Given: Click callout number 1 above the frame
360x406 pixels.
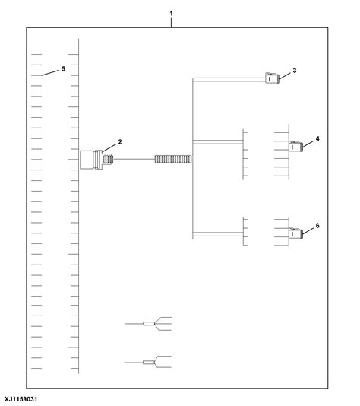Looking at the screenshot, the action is tap(171, 13).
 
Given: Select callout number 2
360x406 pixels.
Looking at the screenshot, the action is tap(120, 142).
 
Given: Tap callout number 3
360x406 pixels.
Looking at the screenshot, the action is tap(295, 71).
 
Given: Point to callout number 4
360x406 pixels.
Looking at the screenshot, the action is tap(317, 139).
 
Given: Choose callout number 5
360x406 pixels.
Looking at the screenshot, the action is tap(63, 69).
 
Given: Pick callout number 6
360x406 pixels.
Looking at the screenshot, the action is tap(317, 226).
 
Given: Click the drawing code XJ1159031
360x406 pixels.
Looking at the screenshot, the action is tap(21, 399).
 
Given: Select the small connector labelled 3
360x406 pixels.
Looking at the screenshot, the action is tap(273, 78).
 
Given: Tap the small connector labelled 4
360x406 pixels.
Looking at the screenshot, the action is tap(295, 146).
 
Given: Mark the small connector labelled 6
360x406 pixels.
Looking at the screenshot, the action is tap(295, 233).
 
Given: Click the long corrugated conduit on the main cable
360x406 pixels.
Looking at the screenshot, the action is tap(173, 159).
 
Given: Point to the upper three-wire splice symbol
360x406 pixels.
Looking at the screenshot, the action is tap(148, 323).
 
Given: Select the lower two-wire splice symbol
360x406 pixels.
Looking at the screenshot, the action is tap(148, 362).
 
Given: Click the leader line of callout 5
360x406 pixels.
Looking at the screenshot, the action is tap(50, 73).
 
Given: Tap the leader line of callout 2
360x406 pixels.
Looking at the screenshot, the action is tap(109, 148).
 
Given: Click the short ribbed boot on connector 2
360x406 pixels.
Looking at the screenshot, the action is tap(108, 159).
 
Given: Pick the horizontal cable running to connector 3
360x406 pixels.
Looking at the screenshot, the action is tap(229, 80).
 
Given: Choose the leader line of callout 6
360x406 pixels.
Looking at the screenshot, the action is tap(308, 231).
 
